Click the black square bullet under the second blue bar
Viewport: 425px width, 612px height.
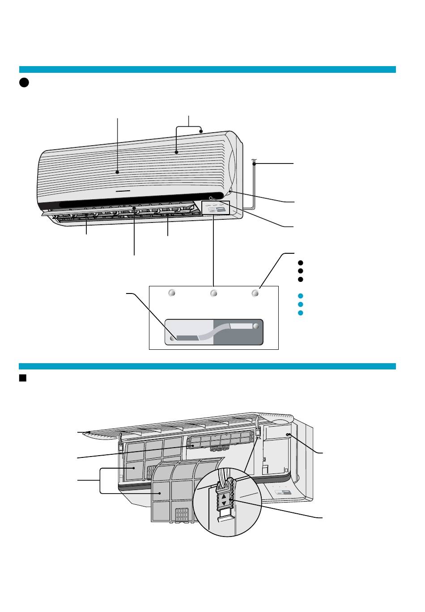22,378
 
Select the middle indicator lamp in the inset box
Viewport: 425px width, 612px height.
214,293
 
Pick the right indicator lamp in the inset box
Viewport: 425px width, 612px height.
255,293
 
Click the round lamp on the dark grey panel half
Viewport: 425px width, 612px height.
256,326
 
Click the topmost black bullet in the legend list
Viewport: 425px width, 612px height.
301,263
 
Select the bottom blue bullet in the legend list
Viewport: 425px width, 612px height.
301,313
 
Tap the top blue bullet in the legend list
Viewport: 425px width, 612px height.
301,296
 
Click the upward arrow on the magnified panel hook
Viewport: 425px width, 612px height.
224,496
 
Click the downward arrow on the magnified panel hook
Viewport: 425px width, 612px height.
224,503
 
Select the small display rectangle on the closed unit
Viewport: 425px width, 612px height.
216,208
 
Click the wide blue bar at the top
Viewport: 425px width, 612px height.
207,69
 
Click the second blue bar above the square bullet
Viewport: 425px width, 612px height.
207,366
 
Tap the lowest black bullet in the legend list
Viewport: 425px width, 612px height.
301,279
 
